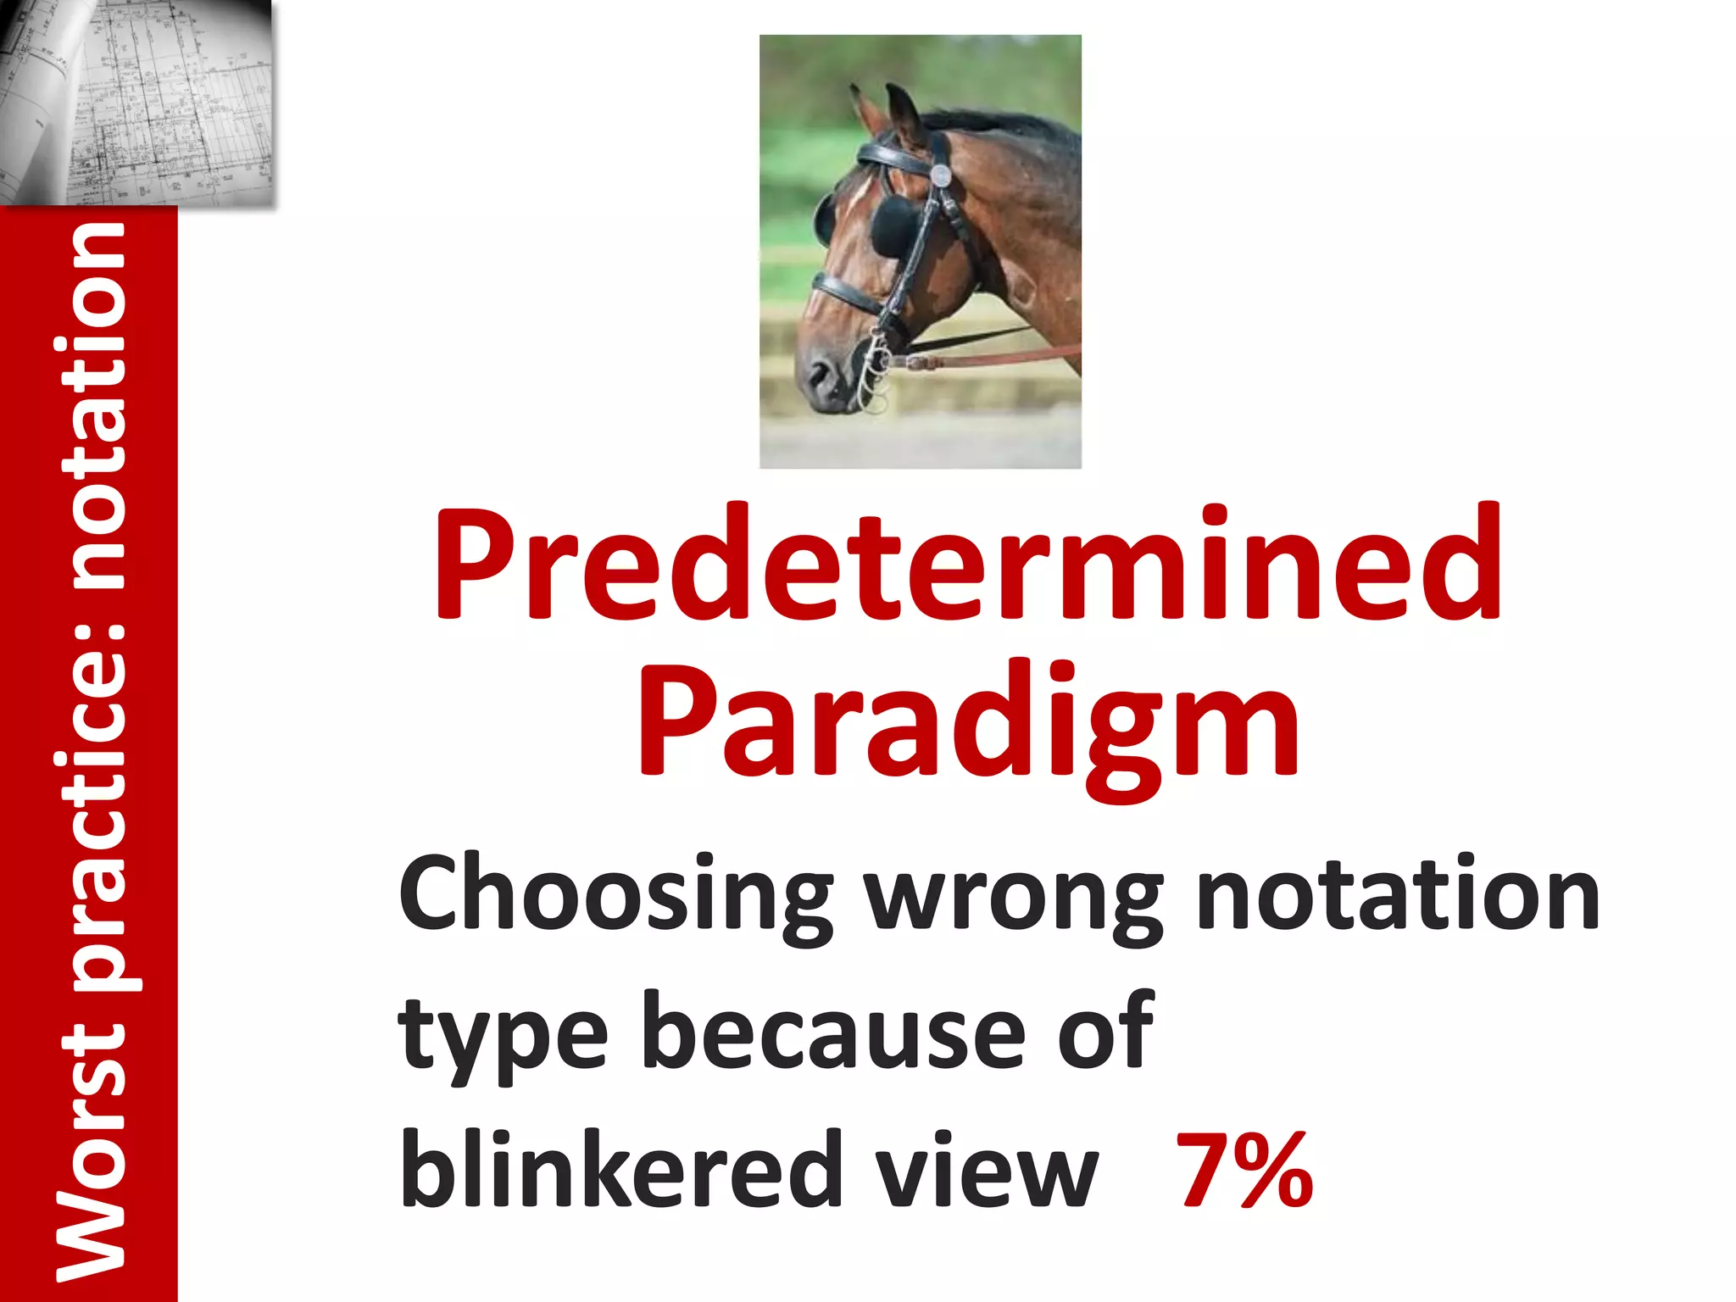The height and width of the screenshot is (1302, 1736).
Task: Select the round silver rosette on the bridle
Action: coord(941,175)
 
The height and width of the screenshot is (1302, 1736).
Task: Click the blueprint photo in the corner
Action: coord(136,102)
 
